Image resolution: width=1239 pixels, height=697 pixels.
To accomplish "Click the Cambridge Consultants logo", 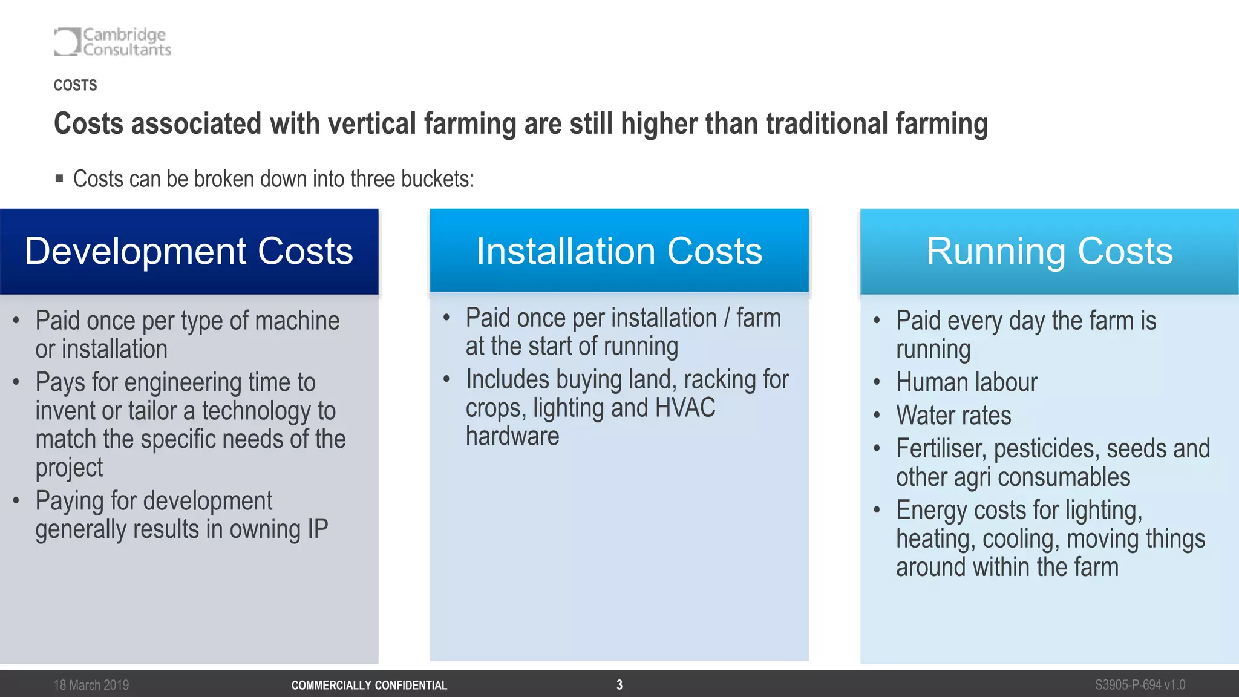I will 113,42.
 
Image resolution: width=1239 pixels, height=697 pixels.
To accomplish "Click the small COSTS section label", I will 75,85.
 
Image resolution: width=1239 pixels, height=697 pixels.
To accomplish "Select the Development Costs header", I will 189,251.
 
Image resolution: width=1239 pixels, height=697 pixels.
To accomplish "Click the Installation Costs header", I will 619,251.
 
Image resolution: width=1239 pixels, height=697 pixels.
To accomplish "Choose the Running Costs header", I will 1050,251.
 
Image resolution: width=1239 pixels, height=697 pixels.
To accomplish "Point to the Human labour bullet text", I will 966,382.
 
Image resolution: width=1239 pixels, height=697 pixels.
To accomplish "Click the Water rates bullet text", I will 953,416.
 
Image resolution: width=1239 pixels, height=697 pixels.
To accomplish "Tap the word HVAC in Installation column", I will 685,408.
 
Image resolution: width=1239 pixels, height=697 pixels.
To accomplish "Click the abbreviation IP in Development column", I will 318,529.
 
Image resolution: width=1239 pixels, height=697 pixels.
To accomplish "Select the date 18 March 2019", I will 91,685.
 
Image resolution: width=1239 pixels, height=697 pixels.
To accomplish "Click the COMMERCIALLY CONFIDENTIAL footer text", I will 369,686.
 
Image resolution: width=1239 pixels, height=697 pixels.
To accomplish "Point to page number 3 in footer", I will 619,685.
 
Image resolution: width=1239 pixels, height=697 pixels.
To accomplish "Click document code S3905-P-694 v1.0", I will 1140,685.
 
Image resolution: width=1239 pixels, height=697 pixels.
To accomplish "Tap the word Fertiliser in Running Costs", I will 941,449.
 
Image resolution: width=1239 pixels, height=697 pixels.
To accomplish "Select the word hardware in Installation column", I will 512,436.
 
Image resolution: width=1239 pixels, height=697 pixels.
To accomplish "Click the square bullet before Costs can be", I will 59,178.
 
